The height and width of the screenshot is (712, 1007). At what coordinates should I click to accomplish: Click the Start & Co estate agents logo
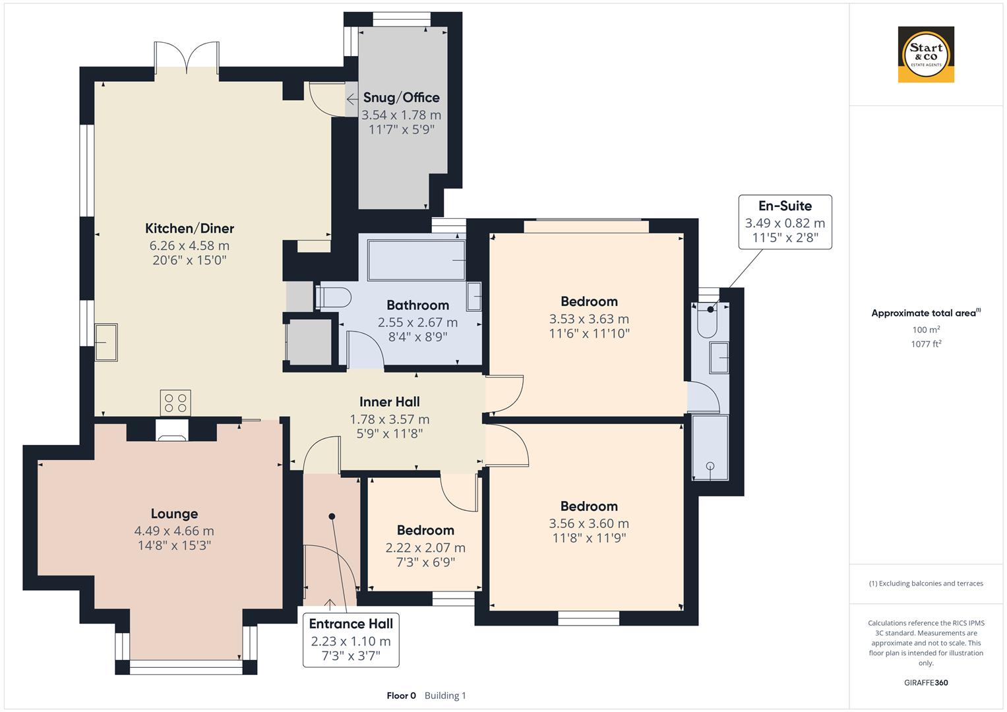coord(926,54)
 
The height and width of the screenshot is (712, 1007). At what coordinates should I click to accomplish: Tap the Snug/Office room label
coord(402,98)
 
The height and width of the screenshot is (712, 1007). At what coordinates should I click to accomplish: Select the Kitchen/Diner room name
coord(189,228)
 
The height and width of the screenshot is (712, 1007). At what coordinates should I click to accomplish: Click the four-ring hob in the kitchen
coord(175,403)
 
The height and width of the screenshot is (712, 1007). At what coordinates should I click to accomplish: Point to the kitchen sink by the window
coord(106,342)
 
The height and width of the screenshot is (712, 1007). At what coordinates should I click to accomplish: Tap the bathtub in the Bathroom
coord(416,260)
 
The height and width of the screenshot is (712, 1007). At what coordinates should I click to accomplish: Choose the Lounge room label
coord(174,514)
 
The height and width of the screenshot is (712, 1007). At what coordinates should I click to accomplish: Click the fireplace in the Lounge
coord(171,430)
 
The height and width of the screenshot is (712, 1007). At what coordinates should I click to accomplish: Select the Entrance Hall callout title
coord(351,624)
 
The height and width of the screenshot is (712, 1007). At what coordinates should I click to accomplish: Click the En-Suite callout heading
coord(785,206)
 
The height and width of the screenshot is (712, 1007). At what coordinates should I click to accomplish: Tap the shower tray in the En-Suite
coord(710,448)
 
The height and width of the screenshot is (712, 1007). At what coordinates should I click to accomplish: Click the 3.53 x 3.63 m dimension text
coord(589,319)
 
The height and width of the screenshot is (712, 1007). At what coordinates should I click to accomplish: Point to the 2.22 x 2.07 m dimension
coord(425,548)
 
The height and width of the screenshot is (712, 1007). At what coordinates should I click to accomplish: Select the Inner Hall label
coord(390,402)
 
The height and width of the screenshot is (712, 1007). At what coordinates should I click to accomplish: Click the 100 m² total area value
coord(926,330)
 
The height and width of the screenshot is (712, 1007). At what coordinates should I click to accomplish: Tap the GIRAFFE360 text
coord(926,682)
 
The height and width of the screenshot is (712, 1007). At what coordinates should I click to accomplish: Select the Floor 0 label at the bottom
coord(401,696)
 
